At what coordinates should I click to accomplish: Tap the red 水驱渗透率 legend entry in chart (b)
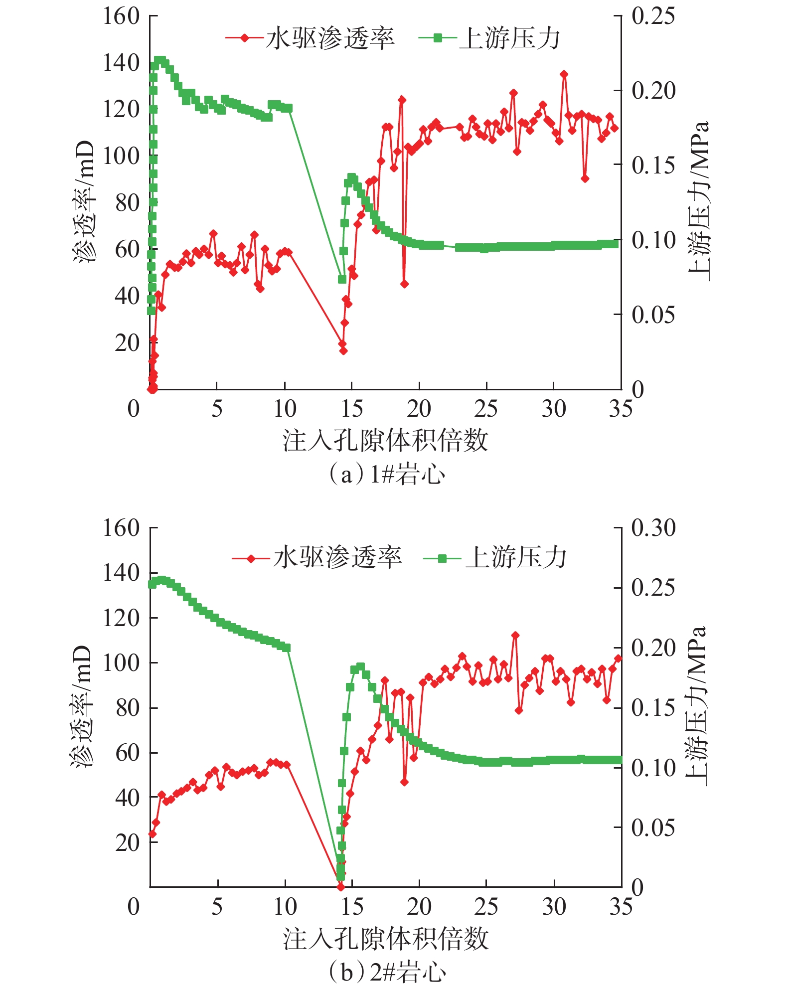317,558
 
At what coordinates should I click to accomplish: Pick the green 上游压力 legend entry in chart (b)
495,558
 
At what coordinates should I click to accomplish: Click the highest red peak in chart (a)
564,74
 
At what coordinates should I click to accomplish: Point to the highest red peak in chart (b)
515,635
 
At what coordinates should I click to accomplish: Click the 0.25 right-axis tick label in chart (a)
653,16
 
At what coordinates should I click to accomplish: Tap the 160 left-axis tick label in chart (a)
121,16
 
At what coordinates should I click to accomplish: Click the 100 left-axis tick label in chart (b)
121,662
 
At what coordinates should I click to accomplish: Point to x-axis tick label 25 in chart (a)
486,409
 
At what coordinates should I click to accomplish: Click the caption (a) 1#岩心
386,474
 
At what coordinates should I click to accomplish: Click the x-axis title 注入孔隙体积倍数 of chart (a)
385,441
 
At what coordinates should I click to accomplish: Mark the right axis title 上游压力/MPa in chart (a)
698,201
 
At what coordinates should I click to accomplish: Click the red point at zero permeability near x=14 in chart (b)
341,887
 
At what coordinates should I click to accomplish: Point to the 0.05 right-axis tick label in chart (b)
653,827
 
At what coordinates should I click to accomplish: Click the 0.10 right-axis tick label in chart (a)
653,240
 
